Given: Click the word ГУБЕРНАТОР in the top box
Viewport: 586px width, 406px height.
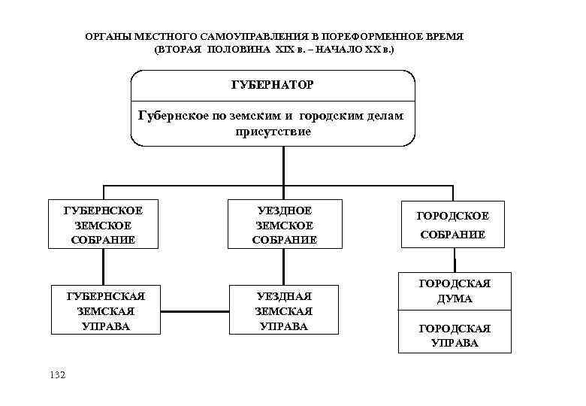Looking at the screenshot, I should coord(273,85).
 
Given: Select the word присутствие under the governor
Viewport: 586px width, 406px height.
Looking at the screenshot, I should coord(273,131).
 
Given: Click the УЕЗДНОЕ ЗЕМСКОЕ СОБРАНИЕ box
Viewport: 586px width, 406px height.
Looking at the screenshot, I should coord(284,224).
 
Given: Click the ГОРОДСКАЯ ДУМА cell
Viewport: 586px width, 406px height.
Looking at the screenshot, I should coord(454,291).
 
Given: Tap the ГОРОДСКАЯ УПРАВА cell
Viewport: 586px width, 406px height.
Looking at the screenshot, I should coord(454,335).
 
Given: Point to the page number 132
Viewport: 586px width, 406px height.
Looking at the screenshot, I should coord(56,374).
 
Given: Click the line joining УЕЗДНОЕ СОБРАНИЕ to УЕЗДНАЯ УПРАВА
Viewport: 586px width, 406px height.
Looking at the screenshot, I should coord(284,266).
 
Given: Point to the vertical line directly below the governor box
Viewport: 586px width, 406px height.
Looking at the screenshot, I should coord(284,165).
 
